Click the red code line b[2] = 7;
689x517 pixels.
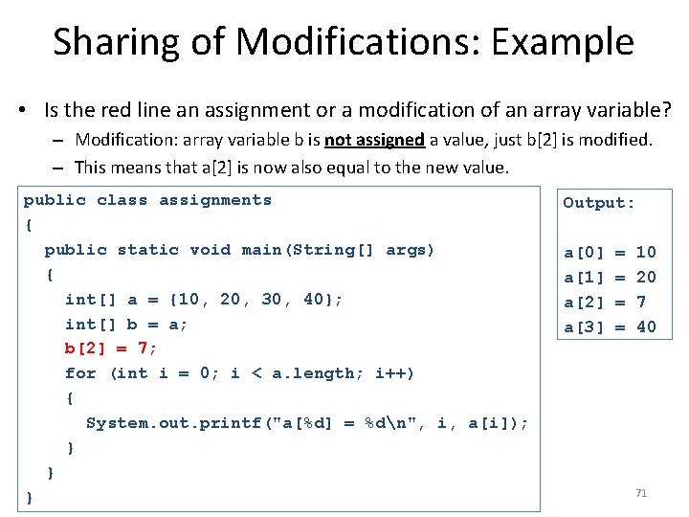pyautogui.click(x=111, y=348)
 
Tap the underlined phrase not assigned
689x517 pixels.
pyautogui.click(x=374, y=140)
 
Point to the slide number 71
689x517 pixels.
pyautogui.click(x=641, y=493)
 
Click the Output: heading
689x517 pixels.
pyautogui.click(x=599, y=203)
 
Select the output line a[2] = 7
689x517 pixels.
pyautogui.click(x=605, y=302)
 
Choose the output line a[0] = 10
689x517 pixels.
pyautogui.click(x=610, y=252)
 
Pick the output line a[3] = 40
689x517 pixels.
pyautogui.click(x=610, y=326)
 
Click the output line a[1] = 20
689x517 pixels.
pyautogui.click(x=610, y=277)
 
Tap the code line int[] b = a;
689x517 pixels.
pyautogui.click(x=126, y=324)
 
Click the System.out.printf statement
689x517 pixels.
pyautogui.click(x=306, y=423)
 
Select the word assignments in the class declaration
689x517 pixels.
pyautogui.click(x=215, y=200)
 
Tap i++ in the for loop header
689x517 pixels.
pyautogui.click(x=392, y=373)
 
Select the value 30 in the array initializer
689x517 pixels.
pyautogui.click(x=272, y=299)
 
